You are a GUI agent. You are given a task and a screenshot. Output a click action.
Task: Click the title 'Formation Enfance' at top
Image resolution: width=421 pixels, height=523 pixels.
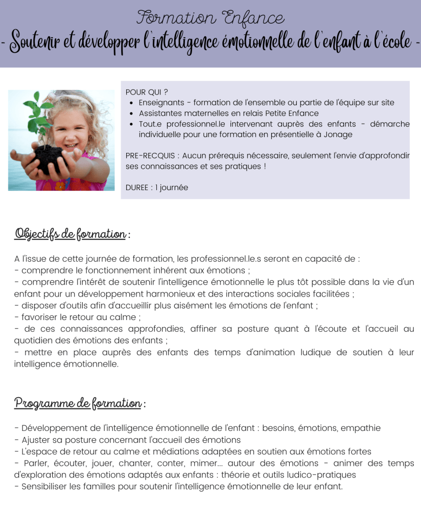click(x=210, y=18)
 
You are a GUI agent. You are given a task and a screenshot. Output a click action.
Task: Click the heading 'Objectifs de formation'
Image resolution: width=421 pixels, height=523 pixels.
click(x=71, y=235)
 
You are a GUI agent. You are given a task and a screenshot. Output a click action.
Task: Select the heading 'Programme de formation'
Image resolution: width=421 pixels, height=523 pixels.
click(x=78, y=403)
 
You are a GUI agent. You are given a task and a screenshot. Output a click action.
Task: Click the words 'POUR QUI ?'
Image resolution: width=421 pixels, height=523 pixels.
click(x=147, y=92)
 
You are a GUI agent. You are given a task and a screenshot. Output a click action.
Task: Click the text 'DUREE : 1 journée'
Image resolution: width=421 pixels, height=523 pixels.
click(x=157, y=188)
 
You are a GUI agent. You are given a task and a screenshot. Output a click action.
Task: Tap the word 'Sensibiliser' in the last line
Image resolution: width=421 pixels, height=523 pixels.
click(x=46, y=486)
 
